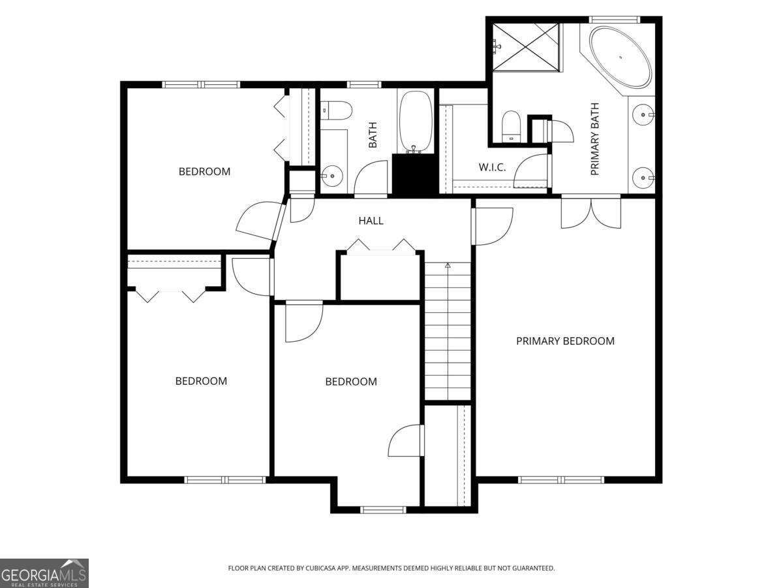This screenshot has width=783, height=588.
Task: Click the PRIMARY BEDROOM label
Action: [x=565, y=341]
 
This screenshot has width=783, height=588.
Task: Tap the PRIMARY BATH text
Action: [x=595, y=139]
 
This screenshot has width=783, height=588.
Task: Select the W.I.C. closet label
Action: [x=492, y=168]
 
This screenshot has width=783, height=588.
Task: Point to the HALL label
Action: [x=371, y=221]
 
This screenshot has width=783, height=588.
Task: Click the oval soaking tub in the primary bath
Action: [x=620, y=57]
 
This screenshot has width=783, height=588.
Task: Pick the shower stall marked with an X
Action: [x=526, y=46]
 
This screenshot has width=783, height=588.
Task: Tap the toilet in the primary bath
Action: [x=511, y=125]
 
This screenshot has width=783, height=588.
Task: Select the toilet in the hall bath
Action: [x=337, y=110]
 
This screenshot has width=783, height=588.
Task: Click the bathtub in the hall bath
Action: [x=415, y=121]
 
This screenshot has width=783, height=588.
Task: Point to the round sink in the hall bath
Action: [x=332, y=175]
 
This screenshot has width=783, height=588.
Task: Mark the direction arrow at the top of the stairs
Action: [x=448, y=265]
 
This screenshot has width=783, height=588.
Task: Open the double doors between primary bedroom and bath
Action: [x=591, y=212]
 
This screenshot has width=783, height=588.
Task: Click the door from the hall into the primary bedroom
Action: [x=493, y=225]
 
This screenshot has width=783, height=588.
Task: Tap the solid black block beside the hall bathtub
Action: [x=416, y=174]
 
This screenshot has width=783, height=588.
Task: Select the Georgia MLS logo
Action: [x=44, y=573]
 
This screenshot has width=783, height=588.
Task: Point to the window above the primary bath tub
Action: [x=614, y=19]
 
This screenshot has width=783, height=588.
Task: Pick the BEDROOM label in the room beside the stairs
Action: [x=351, y=382]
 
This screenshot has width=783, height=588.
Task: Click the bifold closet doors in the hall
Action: [x=381, y=247]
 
